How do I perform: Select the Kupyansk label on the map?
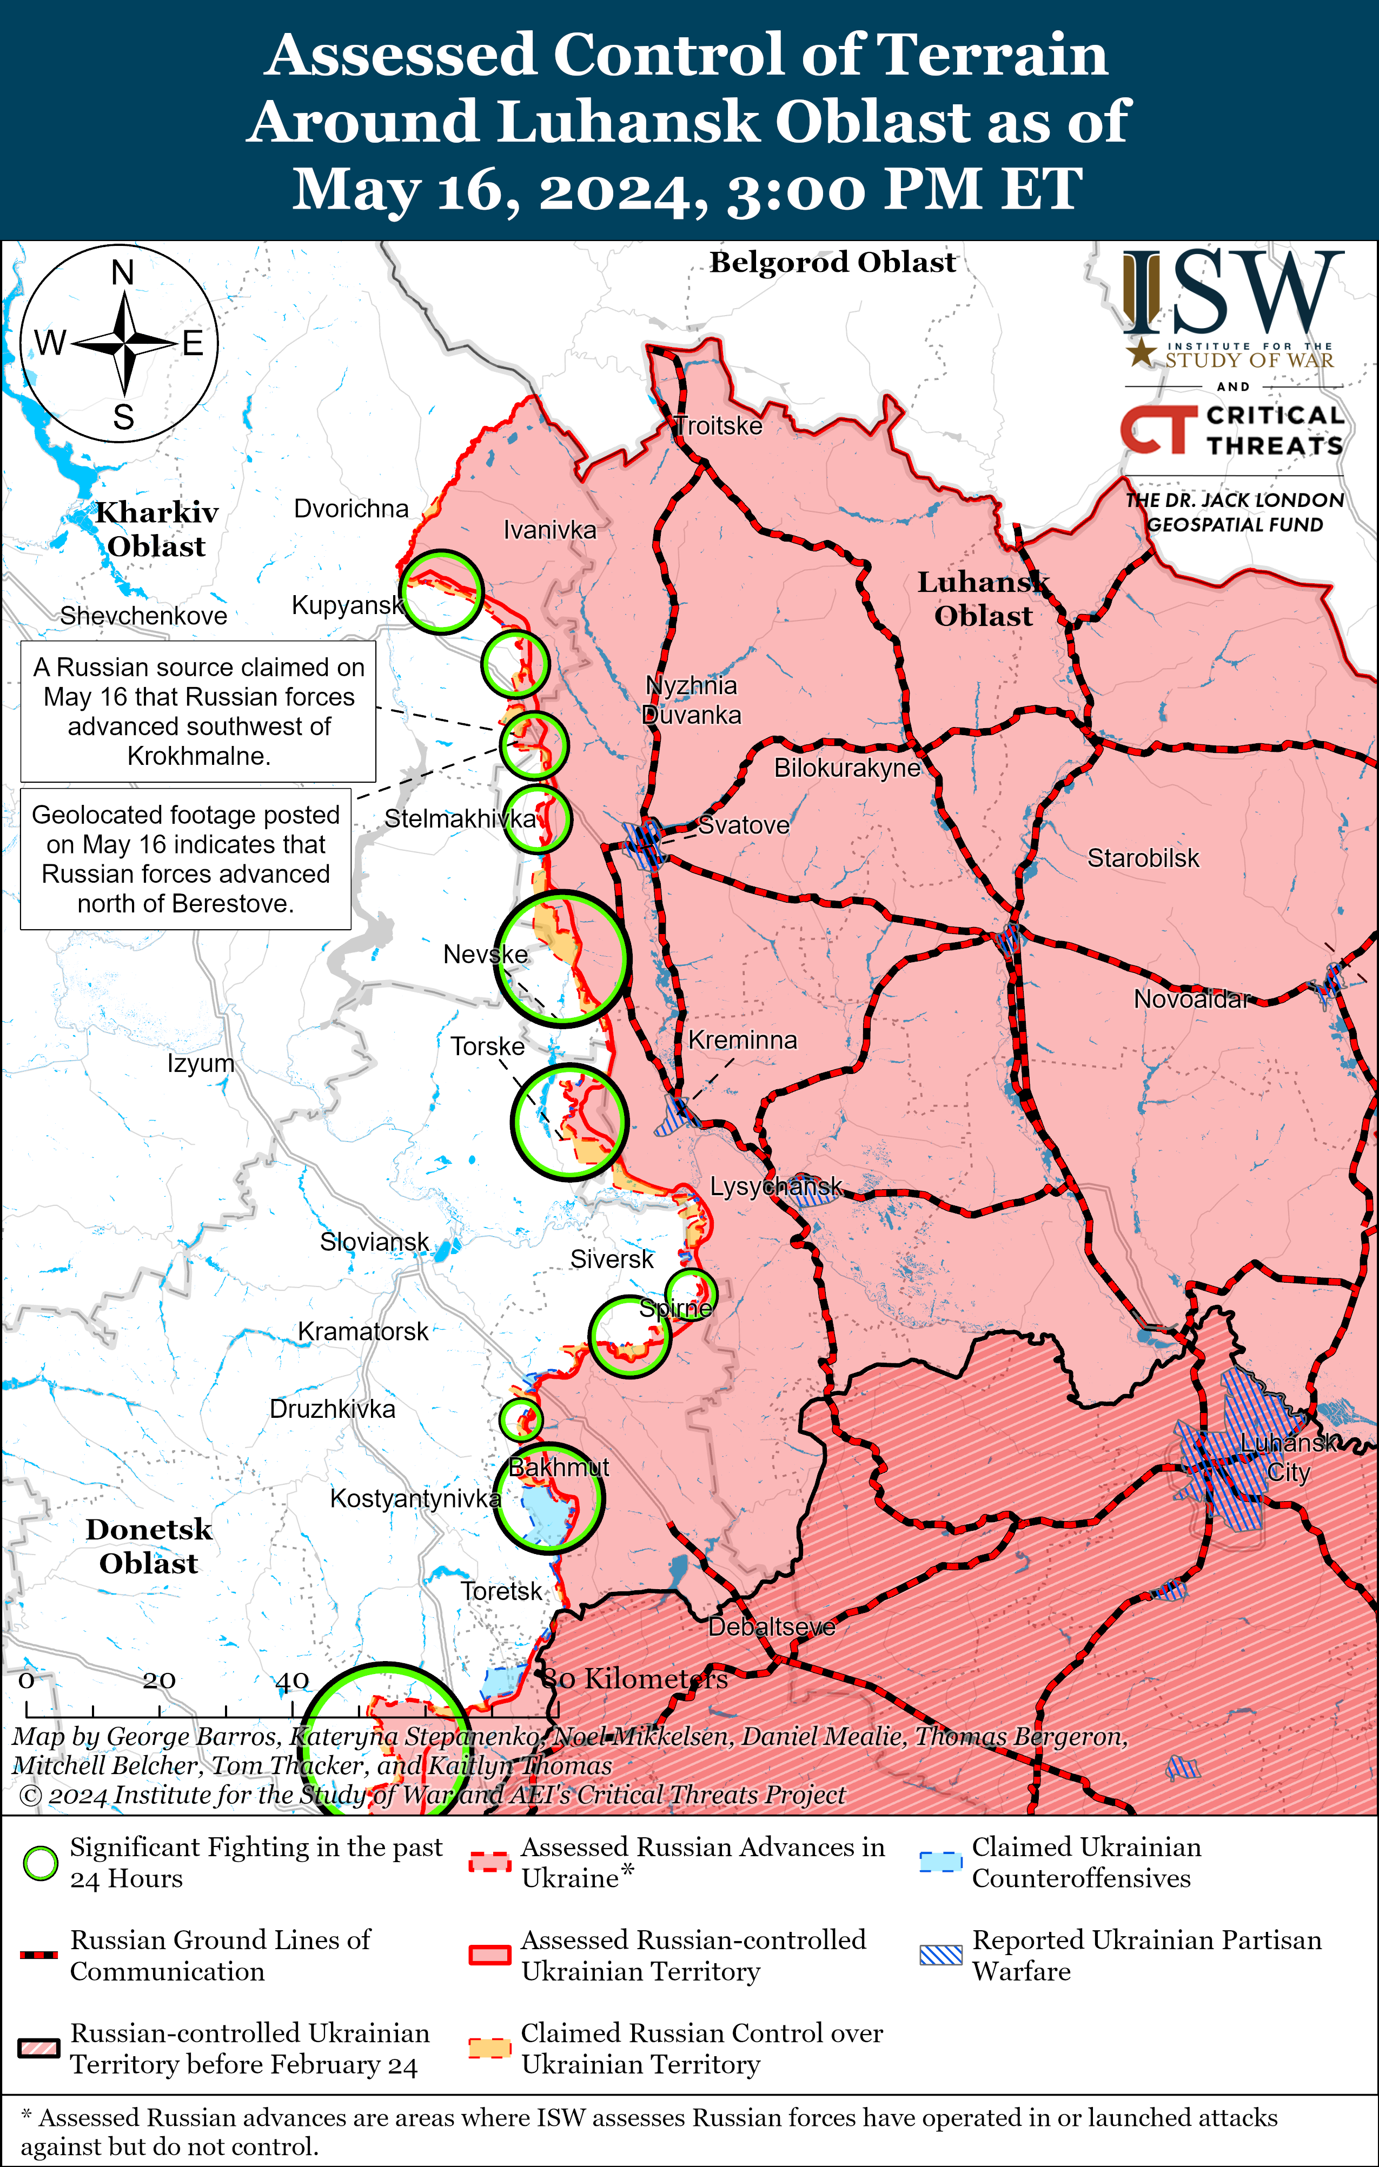(x=347, y=605)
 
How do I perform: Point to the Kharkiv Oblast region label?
(x=157, y=529)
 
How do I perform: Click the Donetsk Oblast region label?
(x=149, y=1546)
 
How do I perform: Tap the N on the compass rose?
(x=122, y=272)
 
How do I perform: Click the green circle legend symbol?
(x=41, y=1863)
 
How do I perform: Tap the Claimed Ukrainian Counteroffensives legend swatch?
(x=940, y=1862)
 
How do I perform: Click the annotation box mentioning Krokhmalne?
(x=198, y=711)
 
